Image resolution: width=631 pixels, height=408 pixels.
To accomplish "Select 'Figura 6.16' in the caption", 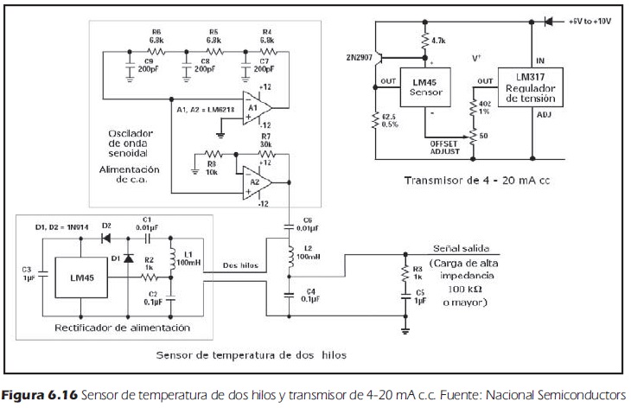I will [x=35, y=394].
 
